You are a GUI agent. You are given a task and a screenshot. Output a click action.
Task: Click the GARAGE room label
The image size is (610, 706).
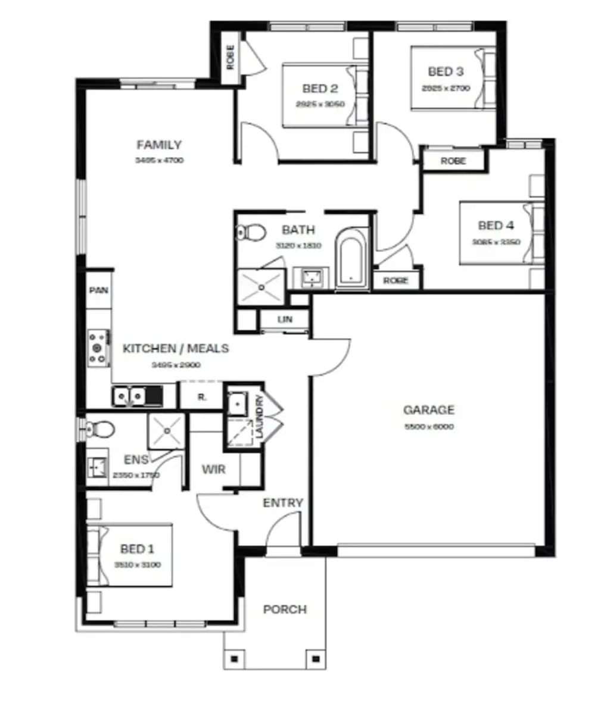coord(429,410)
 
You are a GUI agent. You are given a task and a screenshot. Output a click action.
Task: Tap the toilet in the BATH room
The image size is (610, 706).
coord(251,232)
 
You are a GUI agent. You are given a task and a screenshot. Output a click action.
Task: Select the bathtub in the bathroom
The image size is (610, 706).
coord(351,263)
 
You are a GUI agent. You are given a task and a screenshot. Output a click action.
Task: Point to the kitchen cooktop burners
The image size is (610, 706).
coord(98,348)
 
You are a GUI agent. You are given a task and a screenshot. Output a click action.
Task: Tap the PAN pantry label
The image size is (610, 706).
coord(98,290)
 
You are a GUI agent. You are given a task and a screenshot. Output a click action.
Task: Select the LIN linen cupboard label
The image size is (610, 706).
coord(285,320)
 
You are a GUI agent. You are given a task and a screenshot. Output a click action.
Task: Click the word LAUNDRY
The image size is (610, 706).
coord(259,418)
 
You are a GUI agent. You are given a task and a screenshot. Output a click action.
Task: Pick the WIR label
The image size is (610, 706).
coord(213,470)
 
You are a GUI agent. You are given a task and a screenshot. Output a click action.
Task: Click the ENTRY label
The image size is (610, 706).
coord(283,504)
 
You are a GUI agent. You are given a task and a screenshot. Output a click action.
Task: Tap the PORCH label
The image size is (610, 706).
coord(285,610)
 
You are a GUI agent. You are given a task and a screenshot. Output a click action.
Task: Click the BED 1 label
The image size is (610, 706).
coord(137,548)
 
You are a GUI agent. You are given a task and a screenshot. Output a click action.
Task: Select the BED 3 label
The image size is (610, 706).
coord(446,72)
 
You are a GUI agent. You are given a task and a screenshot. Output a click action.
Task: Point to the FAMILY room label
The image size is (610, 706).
coord(159,145)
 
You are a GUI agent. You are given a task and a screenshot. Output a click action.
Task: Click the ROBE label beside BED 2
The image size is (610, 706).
coord(231,57)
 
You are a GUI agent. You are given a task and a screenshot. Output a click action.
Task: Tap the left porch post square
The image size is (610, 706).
coord(234,658)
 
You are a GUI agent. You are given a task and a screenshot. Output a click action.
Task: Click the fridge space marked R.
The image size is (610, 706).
coord(201,397)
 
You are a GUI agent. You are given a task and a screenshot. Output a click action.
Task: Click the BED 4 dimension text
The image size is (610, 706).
coord(496,242)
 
